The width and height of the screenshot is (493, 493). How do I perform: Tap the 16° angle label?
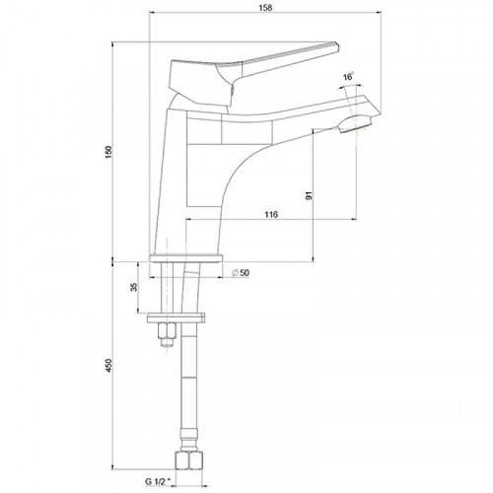pos(348,77)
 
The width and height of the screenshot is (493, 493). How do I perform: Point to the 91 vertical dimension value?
pos(309,195)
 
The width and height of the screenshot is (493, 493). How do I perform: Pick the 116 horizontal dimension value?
pos(273,214)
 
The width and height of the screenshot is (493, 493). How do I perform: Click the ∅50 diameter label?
pos(239,272)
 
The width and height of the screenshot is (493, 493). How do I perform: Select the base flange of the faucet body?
pos(186,259)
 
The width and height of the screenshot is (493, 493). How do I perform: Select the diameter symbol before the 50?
pos(231,272)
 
